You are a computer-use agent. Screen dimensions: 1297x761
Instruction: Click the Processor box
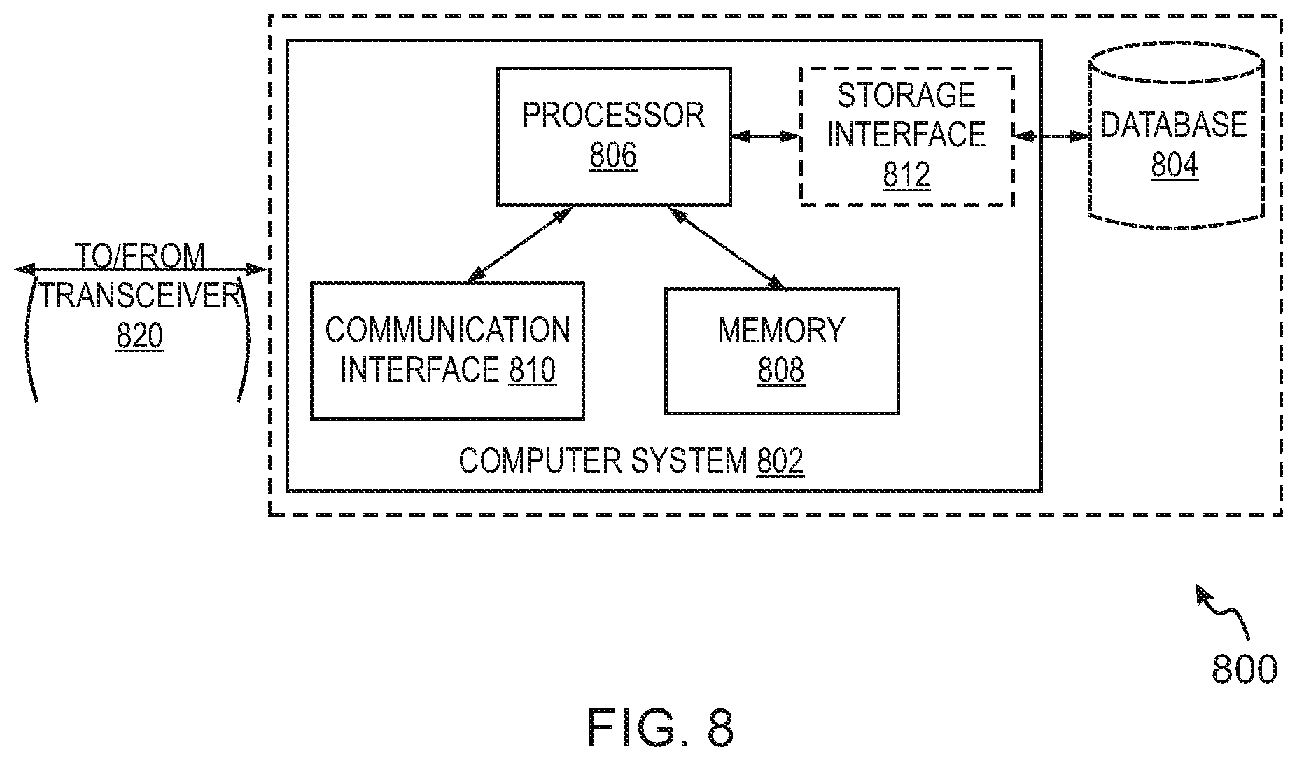(x=614, y=137)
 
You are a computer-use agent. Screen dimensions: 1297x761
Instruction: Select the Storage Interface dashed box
(x=906, y=137)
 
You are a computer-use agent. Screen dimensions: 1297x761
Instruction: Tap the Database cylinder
(x=1176, y=137)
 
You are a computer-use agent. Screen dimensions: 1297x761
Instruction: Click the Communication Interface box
(x=447, y=351)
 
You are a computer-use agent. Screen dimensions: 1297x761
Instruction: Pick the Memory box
(x=782, y=351)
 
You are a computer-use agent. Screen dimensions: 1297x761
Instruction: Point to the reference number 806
(x=613, y=155)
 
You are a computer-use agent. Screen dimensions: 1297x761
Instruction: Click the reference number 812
(x=906, y=175)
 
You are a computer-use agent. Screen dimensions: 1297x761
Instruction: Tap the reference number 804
(x=1175, y=166)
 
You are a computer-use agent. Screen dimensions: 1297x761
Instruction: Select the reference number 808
(x=781, y=371)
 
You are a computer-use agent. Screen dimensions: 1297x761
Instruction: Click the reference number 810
(x=532, y=370)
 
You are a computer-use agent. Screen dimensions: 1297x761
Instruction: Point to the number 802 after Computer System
(x=780, y=461)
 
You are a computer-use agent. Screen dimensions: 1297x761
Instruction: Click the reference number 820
(x=140, y=337)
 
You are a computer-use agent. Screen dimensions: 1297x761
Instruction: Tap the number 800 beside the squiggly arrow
(x=1244, y=669)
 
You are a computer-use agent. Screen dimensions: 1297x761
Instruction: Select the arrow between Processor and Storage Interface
(x=766, y=137)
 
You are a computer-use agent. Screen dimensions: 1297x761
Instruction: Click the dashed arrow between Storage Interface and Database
(x=1051, y=136)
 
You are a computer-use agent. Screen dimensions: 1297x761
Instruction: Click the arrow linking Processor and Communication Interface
(x=519, y=245)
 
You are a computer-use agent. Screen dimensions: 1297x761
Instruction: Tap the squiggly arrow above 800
(x=1224, y=612)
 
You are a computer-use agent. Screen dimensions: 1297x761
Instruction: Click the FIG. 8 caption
(x=661, y=728)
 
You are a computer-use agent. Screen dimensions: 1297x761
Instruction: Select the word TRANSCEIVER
(x=140, y=295)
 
